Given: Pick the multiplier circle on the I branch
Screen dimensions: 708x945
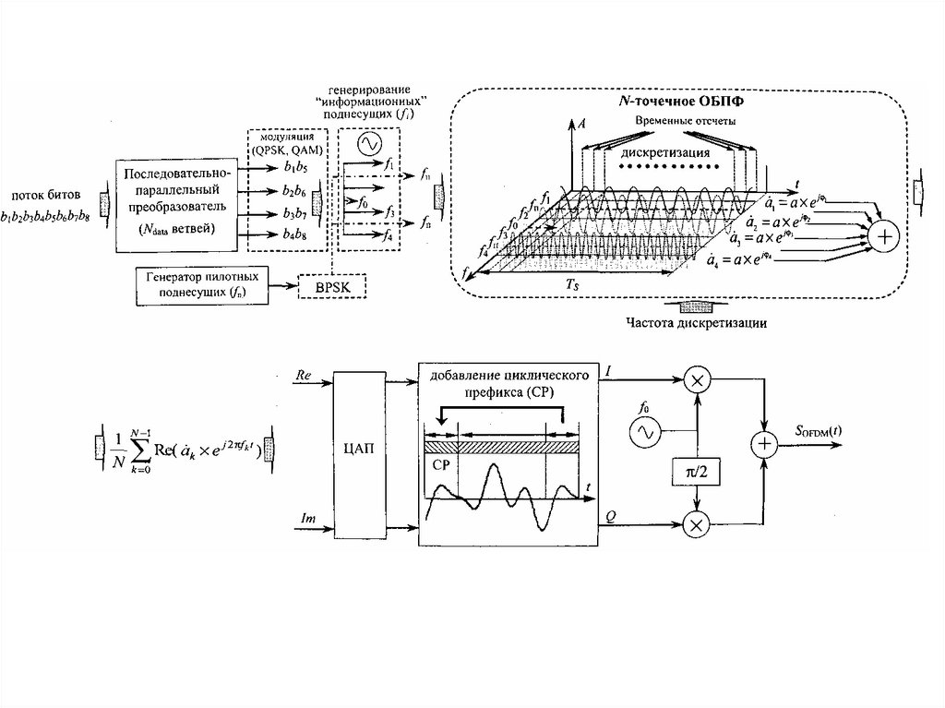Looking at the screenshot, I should [x=698, y=379].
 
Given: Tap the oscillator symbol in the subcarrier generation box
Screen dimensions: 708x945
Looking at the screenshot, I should [x=368, y=144].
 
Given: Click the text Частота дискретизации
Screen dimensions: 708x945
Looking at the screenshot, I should [x=696, y=323].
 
